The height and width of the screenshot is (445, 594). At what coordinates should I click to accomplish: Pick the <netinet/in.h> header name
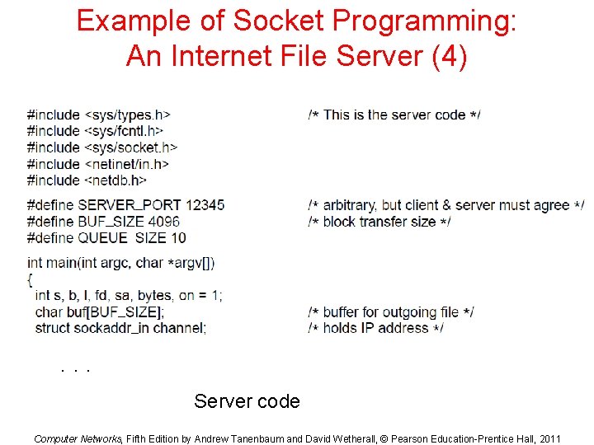[x=126, y=164]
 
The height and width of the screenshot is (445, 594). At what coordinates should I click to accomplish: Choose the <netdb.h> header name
[x=115, y=180]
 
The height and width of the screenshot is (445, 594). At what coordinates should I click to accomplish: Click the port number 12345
[x=205, y=205]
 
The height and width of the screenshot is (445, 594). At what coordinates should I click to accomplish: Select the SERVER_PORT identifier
[x=130, y=205]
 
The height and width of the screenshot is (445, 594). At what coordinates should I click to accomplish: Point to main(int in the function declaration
[x=67, y=263]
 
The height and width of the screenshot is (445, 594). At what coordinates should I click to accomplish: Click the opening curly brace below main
[x=30, y=279]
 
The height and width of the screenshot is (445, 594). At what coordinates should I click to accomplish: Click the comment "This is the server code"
[x=394, y=115]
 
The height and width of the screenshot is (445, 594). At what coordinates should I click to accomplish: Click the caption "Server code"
[x=247, y=401]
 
